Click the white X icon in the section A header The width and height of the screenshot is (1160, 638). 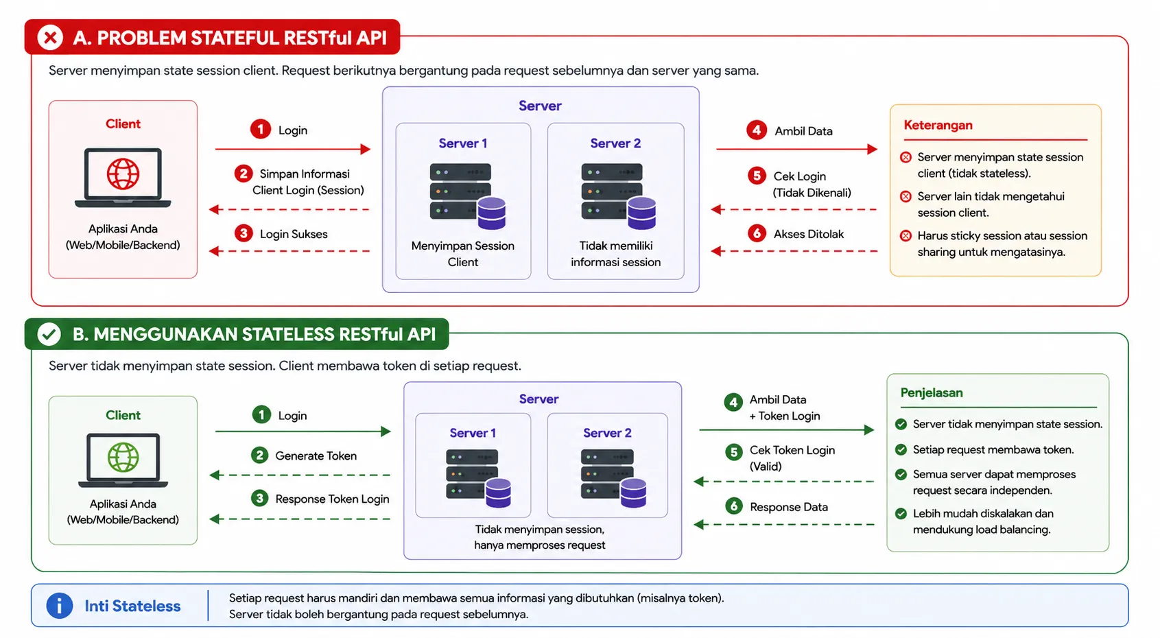coord(50,37)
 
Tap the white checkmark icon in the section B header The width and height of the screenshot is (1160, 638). coord(49,334)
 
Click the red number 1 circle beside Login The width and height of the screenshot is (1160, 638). coord(261,129)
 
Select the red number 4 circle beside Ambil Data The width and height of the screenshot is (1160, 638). coord(757,130)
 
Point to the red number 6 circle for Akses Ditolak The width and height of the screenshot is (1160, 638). coord(757,233)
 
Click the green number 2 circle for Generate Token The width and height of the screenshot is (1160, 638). coord(259,456)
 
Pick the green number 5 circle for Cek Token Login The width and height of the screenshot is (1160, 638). coord(733,452)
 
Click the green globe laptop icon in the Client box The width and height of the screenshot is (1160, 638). coord(123,460)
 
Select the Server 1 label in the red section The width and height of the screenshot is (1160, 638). coord(463,143)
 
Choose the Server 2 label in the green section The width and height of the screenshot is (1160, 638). coord(607,432)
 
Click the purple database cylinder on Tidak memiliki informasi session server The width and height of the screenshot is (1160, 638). coord(641,213)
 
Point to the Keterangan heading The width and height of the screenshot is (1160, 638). coord(938,125)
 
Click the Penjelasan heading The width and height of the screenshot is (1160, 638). coord(931,392)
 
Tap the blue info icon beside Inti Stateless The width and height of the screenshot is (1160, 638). coord(60,605)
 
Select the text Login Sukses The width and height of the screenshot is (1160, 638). coord(294,234)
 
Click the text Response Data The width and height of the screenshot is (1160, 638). coord(789,507)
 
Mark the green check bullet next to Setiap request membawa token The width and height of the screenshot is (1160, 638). coord(901,449)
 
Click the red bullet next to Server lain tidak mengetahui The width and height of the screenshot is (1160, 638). coord(905,196)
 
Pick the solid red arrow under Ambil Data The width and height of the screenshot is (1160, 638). coord(796,149)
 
